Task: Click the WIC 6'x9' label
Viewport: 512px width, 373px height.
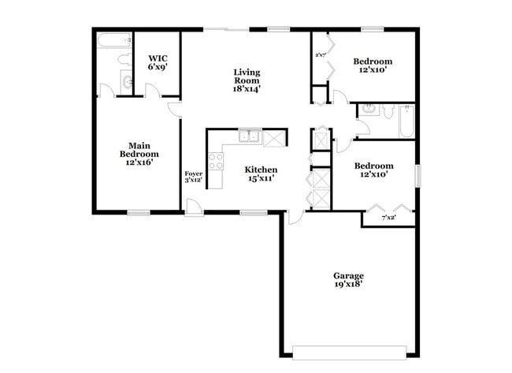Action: pos(158,63)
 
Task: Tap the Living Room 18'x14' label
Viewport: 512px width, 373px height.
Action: pos(247,80)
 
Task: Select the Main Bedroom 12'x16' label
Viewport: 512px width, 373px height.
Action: pos(139,153)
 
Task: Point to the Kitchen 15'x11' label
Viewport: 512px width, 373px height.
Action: pos(260,173)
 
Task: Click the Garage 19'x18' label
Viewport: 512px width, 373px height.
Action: pos(347,280)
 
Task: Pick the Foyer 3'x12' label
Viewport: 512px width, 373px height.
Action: pos(193,177)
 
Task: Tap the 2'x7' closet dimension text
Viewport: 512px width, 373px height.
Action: pos(321,54)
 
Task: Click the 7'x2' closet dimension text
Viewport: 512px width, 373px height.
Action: pos(388,218)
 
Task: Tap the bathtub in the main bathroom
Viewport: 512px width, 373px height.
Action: pos(114,40)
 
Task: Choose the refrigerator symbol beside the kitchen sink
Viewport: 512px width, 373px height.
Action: pos(275,138)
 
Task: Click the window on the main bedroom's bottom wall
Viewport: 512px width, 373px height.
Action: pos(139,212)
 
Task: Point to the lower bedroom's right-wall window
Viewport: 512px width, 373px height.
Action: pos(418,175)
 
